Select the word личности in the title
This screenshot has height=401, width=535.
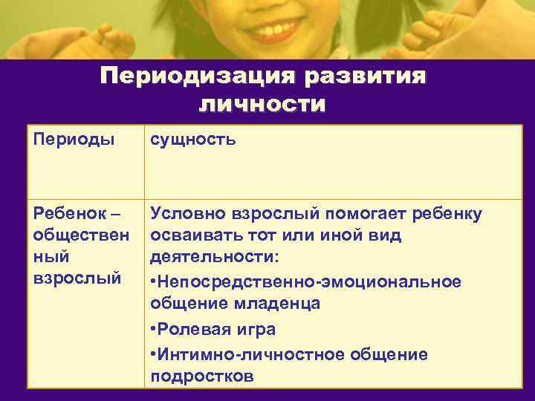pyautogui.click(x=262, y=105)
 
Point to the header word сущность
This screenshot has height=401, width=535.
pyautogui.click(x=193, y=138)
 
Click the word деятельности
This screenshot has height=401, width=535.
pyautogui.click(x=214, y=257)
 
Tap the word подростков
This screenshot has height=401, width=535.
pyautogui.click(x=201, y=376)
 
